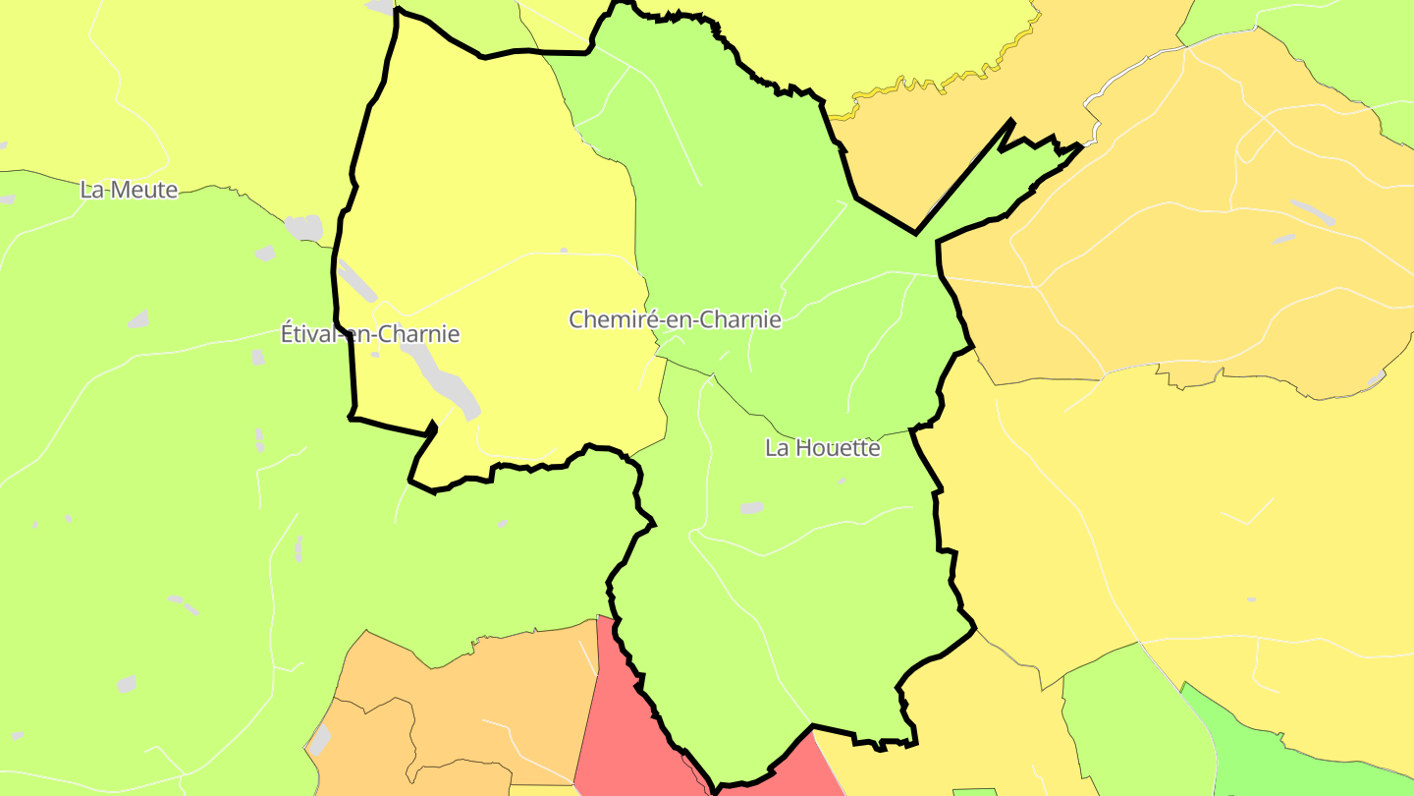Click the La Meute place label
click(x=129, y=190)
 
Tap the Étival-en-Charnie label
click(x=370, y=334)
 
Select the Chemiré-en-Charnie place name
click(x=675, y=319)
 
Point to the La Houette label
click(x=823, y=448)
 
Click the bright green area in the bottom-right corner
click(x=1277, y=757)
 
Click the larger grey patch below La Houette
click(x=752, y=508)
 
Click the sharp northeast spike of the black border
click(x=1010, y=121)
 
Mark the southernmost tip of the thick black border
click(x=717, y=789)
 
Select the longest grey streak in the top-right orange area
click(x=1312, y=212)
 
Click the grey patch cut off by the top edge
click(x=380, y=6)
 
